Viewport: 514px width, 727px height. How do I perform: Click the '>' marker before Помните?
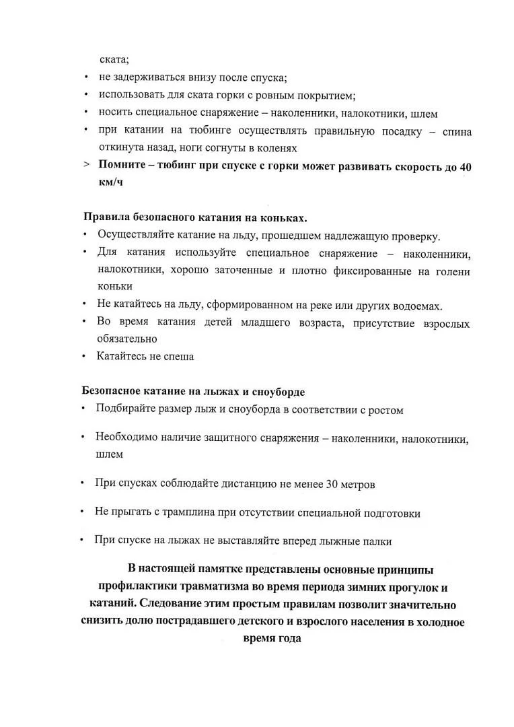[87, 166]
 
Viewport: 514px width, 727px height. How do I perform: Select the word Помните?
[122, 166]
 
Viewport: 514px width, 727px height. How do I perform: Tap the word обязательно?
[127, 339]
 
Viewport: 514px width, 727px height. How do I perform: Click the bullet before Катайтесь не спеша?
[84, 357]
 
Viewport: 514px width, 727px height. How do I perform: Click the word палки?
[377, 541]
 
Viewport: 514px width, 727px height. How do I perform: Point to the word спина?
[457, 131]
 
